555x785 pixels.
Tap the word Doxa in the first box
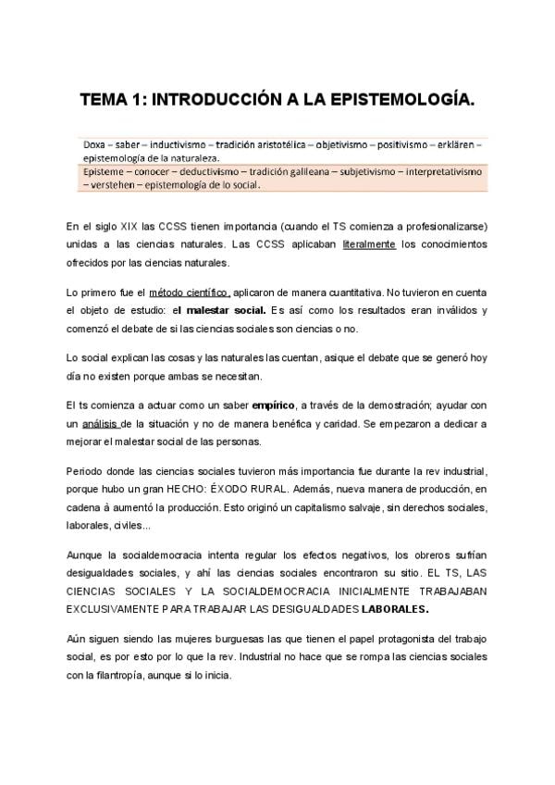pyautogui.click(x=94, y=145)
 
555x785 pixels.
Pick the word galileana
pyautogui.click(x=300, y=172)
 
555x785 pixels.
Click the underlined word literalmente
pyautogui.click(x=369, y=244)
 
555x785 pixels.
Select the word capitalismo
pyautogui.click(x=284, y=509)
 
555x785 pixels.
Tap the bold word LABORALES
pyautogui.click(x=395, y=610)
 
